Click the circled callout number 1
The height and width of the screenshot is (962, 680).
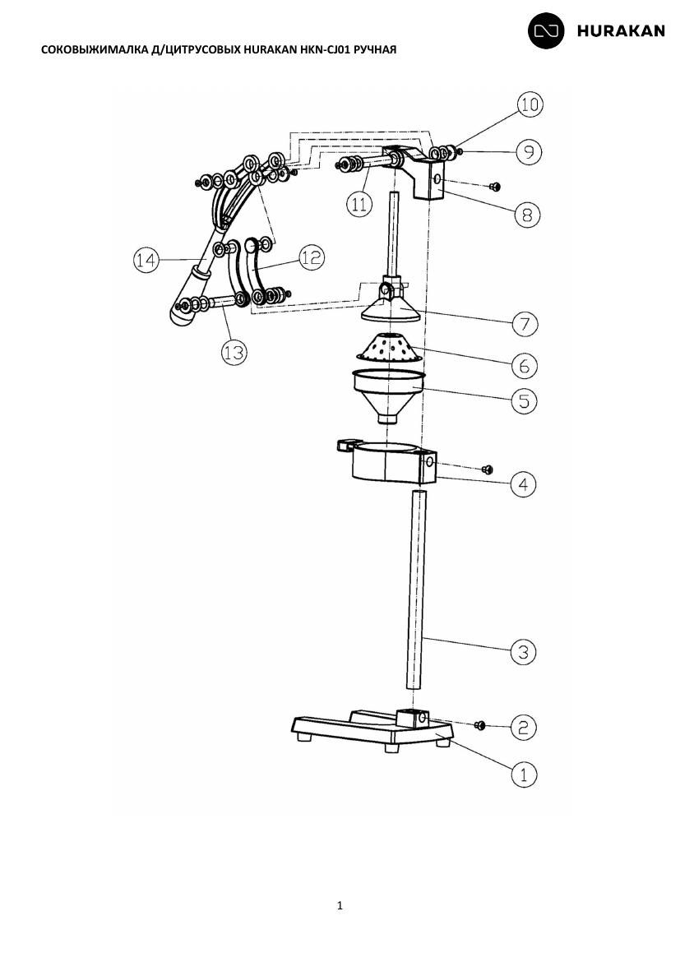tap(524, 775)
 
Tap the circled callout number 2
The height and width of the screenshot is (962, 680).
tap(524, 728)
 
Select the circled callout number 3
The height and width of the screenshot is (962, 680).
tap(524, 651)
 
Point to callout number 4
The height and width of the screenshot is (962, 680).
tap(524, 484)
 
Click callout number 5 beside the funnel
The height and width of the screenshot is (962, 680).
tap(524, 400)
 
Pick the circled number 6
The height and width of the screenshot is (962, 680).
tap(524, 366)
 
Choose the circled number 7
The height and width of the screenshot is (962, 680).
tap(525, 323)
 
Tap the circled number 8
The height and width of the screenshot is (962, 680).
tap(527, 215)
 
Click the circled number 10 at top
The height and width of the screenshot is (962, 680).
tap(530, 105)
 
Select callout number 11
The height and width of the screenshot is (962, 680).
tap(359, 204)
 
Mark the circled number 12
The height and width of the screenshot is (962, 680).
tap(312, 257)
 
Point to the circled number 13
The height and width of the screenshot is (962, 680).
tap(234, 352)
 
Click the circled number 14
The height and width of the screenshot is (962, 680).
tap(146, 261)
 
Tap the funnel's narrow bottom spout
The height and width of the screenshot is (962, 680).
tap(387, 419)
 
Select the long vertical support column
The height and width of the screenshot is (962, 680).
tap(416, 591)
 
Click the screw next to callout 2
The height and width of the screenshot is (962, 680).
tap(480, 726)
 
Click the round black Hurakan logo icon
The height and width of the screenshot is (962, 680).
tap(546, 30)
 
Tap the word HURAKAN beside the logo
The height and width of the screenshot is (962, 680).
tap(621, 31)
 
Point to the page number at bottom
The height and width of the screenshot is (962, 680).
tap(340, 905)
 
